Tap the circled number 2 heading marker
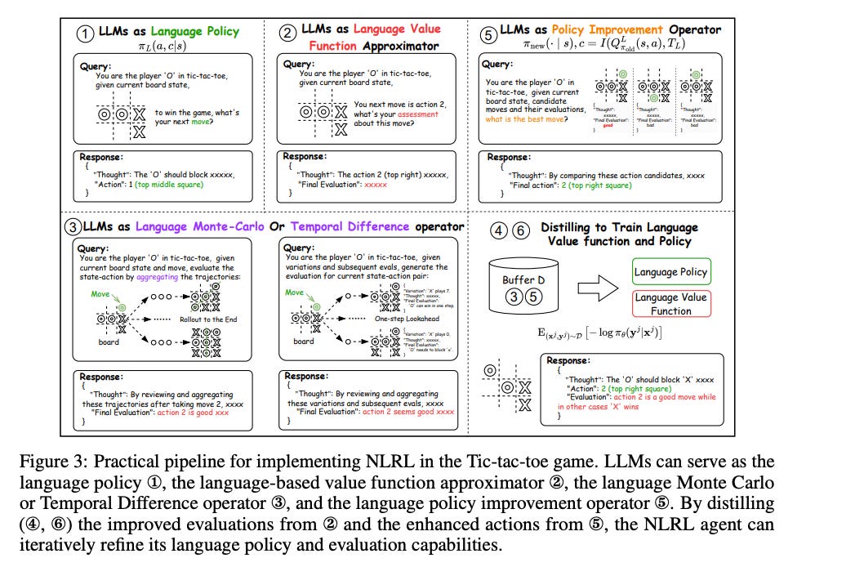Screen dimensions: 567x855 pos(288,33)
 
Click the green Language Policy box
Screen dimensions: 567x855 pos(670,272)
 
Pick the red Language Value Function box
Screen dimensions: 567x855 pos(670,304)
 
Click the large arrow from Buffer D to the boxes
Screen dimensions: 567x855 pos(594,288)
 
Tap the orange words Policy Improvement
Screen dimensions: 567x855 pos(613,30)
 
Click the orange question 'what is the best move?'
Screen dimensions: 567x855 pos(525,119)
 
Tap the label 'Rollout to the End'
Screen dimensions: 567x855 pos(208,319)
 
